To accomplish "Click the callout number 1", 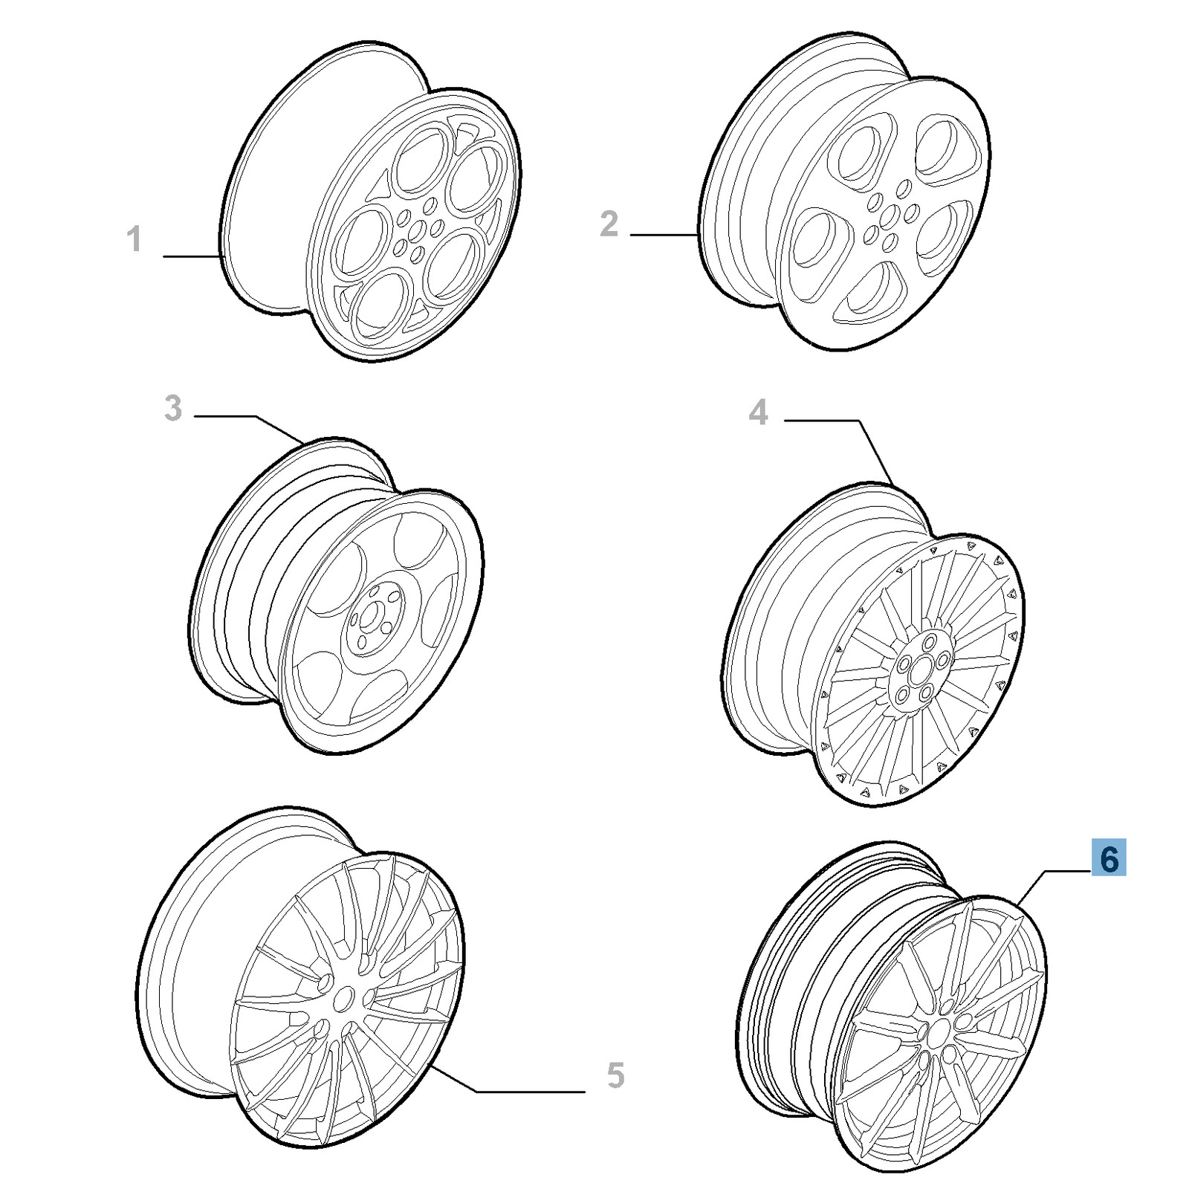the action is (134, 239).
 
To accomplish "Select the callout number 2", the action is (609, 224).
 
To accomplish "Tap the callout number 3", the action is (173, 408).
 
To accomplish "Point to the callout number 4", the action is (758, 412).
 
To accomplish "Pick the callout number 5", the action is (615, 1075).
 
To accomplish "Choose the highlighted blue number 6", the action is (1109, 858).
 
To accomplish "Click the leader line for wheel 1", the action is (193, 256).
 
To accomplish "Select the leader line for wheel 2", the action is (664, 235).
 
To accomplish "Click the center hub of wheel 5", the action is (343, 999).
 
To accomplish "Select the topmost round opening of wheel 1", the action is (421, 160).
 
